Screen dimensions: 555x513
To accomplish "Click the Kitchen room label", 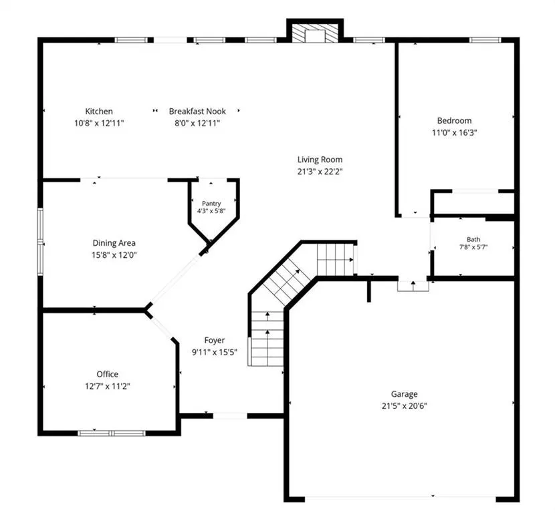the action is (99, 112).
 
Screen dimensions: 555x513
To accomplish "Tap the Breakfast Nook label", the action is (197, 112).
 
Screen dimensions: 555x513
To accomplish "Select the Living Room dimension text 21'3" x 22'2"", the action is (320, 172).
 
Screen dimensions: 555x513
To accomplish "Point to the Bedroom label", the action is (455, 120).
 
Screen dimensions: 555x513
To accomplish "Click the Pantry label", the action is (211, 204).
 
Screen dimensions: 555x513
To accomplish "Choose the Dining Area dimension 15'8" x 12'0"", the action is (114, 255).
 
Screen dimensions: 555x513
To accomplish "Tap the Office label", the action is (107, 374).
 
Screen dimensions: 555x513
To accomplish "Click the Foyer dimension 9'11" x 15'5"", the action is (215, 352).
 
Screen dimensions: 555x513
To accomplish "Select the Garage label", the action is (405, 394).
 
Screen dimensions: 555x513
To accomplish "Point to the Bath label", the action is (473, 239).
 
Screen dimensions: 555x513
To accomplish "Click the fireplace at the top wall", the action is (315, 33).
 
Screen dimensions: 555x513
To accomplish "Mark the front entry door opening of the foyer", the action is (230, 415).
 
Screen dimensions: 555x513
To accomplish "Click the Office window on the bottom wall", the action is (112, 433).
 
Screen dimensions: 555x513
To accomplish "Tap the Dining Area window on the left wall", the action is (40, 242).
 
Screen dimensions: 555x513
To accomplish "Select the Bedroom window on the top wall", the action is (485, 40).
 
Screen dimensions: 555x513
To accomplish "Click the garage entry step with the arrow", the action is (413, 286).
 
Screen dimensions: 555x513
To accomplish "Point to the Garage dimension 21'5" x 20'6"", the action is (405, 406).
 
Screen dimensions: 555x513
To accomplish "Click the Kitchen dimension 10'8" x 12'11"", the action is (99, 124).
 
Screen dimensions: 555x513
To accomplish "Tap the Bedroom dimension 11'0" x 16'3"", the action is (455, 132).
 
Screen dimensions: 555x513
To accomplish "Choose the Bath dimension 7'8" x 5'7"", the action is (473, 247).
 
